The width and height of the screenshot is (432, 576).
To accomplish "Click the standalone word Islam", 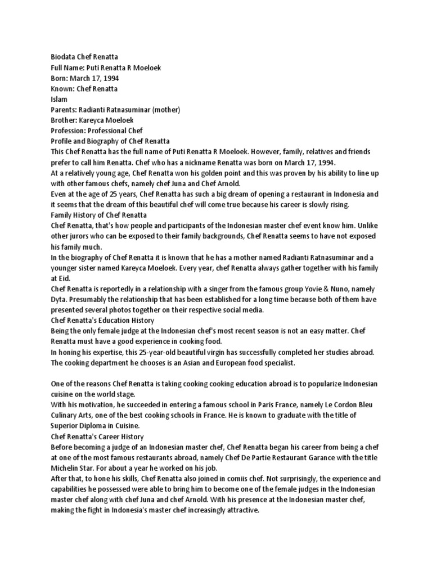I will [59, 99].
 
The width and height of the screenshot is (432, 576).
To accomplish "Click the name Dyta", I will [60, 299].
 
